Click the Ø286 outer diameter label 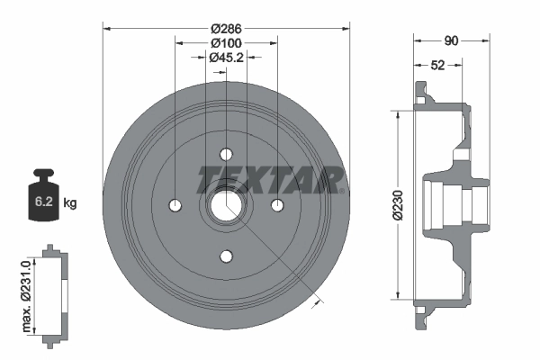pyautogui.click(x=226, y=29)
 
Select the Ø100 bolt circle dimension pyautogui.click(x=226, y=43)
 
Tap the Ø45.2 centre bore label pyautogui.click(x=226, y=58)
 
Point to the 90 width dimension pyautogui.click(x=451, y=40)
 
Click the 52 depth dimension pyautogui.click(x=437, y=65)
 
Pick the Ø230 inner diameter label pyautogui.click(x=398, y=204)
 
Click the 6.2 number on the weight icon pyautogui.click(x=44, y=202)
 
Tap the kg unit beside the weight pyautogui.click(x=70, y=202)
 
